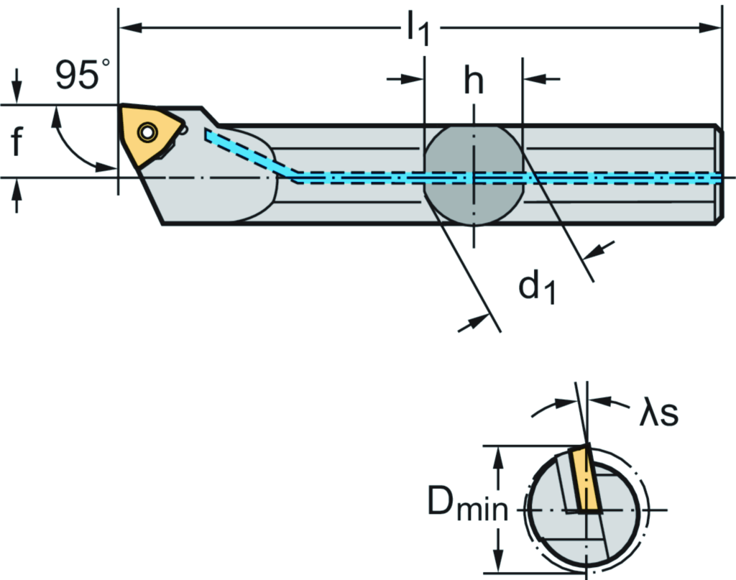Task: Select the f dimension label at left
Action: click(18, 142)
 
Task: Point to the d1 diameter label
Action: click(536, 287)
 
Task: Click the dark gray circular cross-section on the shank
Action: click(473, 175)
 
